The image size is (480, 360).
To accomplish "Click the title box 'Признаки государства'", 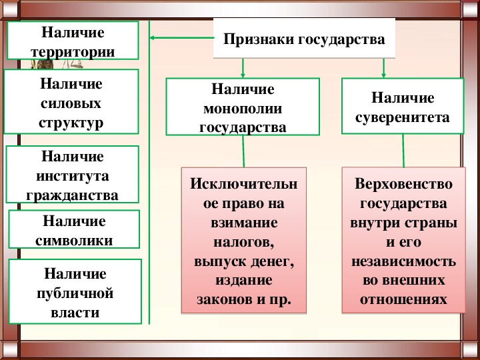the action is click(x=304, y=38).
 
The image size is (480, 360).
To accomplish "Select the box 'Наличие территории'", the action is click(x=73, y=40).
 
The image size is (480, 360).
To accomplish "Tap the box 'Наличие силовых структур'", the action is click(x=71, y=101).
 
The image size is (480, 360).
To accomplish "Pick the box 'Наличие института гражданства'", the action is click(x=72, y=174).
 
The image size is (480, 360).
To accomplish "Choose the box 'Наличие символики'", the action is click(x=74, y=229).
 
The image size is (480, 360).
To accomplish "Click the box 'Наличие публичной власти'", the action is click(x=75, y=291).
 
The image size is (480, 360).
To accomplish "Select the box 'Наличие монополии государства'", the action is click(x=243, y=107).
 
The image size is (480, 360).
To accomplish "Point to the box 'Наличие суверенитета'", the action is click(x=403, y=106).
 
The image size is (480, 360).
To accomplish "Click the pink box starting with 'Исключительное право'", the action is click(x=244, y=240).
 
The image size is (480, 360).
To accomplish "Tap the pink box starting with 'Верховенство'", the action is click(x=403, y=240).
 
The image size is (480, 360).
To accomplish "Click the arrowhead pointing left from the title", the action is click(x=152, y=38).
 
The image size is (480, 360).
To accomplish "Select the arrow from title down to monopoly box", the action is click(x=243, y=68).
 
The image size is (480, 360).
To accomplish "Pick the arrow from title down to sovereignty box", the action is click(x=383, y=68).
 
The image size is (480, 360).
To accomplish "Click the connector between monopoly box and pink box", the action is click(x=243, y=151).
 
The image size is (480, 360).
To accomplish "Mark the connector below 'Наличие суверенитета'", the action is click(x=403, y=151).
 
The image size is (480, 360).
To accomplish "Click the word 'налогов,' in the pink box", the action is click(x=243, y=242).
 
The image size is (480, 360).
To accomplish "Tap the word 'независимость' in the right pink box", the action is click(x=403, y=261).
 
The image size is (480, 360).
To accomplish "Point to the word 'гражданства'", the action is click(x=72, y=195).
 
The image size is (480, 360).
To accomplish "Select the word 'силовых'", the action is click(x=71, y=103).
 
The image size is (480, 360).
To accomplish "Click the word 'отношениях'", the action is click(x=403, y=299).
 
